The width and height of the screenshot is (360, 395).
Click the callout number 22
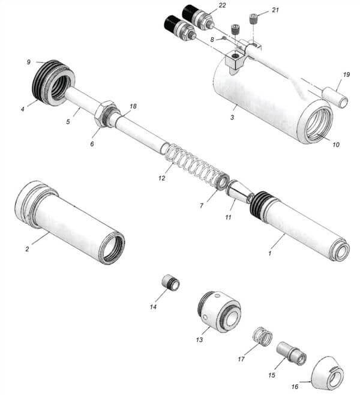pyautogui.click(x=222, y=5)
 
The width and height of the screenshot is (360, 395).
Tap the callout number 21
pyautogui.click(x=275, y=10)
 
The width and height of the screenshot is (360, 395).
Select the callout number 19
pyautogui.click(x=346, y=74)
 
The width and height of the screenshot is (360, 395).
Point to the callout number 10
pyautogui.click(x=336, y=145)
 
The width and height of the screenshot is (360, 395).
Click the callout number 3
pyautogui.click(x=232, y=118)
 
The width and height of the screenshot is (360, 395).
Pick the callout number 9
pyautogui.click(x=29, y=62)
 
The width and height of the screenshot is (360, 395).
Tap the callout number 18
pyautogui.click(x=133, y=106)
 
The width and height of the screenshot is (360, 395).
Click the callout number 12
pyautogui.click(x=161, y=178)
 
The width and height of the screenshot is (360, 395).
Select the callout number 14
pyautogui.click(x=153, y=307)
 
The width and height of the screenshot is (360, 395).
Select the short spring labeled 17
pyautogui.click(x=263, y=337)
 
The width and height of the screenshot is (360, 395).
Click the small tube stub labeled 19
pyautogui.click(x=336, y=95)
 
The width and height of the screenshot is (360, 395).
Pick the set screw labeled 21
pyautogui.click(x=253, y=19)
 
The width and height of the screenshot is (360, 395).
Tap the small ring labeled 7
pyautogui.click(x=222, y=181)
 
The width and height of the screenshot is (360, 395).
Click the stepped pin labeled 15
pyautogui.click(x=292, y=354)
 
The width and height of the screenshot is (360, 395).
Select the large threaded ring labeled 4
pyautogui.click(x=53, y=83)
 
